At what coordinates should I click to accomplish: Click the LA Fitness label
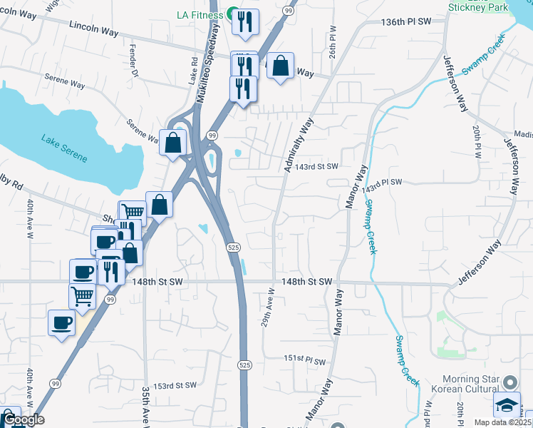[200, 15]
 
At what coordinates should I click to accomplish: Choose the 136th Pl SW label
[407, 22]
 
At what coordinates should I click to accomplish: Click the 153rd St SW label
[175, 385]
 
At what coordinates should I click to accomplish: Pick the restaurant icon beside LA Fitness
[246, 21]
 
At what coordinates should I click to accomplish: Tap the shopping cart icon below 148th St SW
[83, 295]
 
